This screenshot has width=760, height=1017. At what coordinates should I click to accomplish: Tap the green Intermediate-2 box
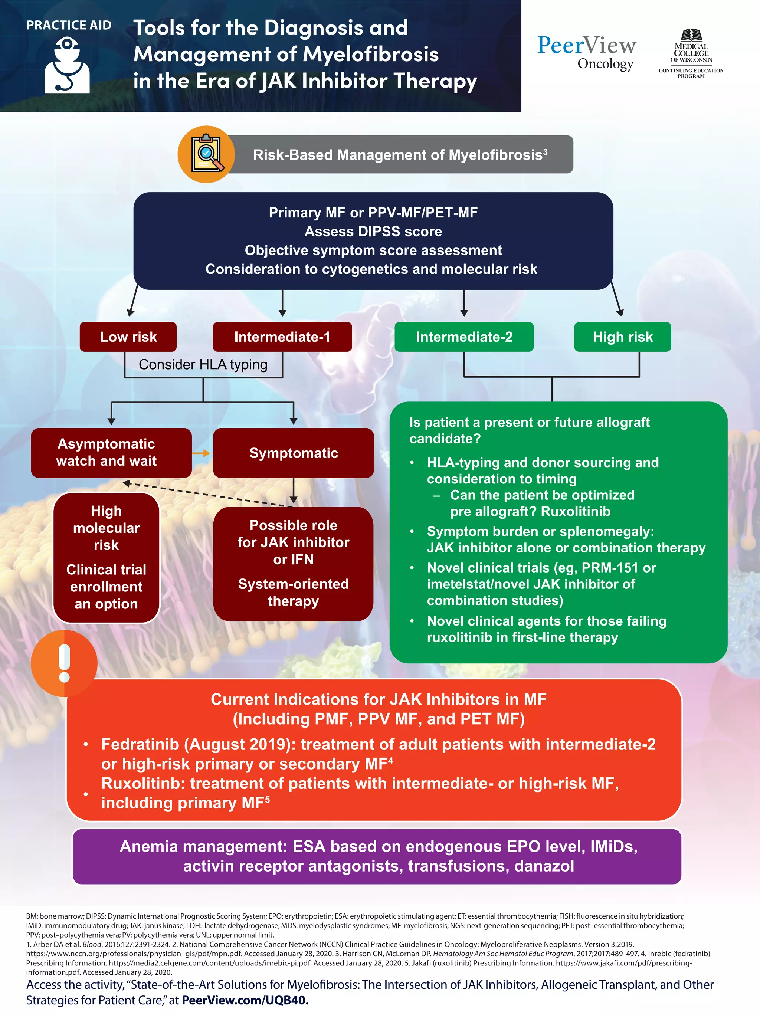[463, 337]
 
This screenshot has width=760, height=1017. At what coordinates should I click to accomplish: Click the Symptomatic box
[293, 453]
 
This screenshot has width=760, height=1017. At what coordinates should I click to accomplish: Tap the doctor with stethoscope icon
[67, 65]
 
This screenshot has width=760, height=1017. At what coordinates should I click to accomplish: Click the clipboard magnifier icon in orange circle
[206, 154]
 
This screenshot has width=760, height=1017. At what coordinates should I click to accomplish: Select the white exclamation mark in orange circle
[64, 663]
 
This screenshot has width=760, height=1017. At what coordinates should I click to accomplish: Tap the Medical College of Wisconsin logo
[691, 54]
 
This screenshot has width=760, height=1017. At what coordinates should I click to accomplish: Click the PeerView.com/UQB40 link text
[245, 1000]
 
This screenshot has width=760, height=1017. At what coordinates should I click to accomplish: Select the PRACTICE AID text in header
[69, 25]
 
